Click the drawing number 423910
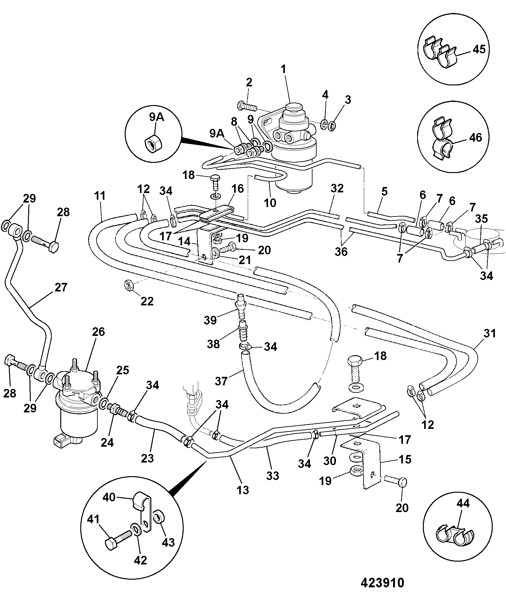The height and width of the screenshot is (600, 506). (x=382, y=583)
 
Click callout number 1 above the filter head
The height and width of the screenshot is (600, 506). (x=283, y=69)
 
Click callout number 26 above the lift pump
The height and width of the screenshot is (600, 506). (x=98, y=332)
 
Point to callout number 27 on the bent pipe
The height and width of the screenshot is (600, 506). (x=61, y=287)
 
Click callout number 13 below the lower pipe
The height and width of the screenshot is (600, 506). (x=243, y=490)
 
